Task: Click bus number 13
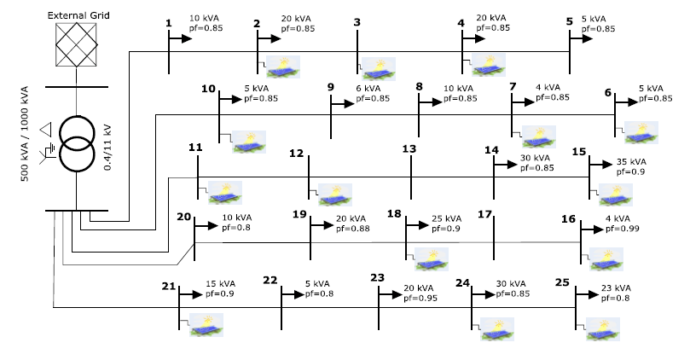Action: tap(409, 149)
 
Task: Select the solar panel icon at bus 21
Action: tap(206, 323)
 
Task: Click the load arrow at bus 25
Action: tap(585, 295)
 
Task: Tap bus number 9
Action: tap(331, 87)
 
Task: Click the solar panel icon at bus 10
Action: tap(248, 142)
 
